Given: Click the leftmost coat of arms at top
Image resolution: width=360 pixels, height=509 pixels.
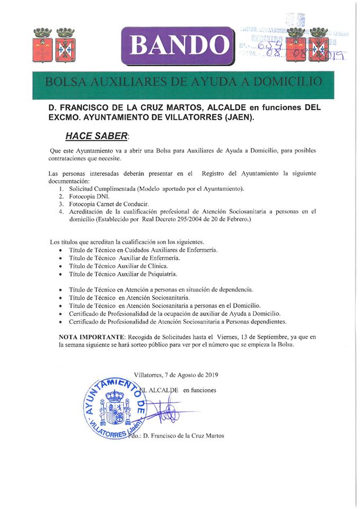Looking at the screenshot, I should (42, 45).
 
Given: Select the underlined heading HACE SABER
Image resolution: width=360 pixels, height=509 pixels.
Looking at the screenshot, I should (96, 136).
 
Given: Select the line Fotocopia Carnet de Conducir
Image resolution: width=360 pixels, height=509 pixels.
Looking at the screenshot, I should (106, 204).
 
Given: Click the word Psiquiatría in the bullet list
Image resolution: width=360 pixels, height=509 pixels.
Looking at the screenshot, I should (160, 274).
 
